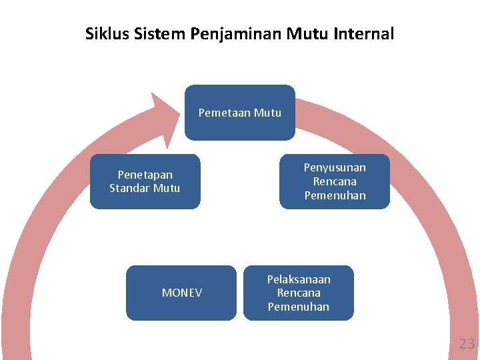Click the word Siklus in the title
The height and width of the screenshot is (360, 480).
[x=103, y=33]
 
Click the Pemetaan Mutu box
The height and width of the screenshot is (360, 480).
[x=239, y=113]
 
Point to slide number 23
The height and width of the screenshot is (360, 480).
[x=466, y=344]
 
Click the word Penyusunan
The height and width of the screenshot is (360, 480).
[x=335, y=167]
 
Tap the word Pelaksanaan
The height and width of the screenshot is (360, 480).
[x=299, y=279]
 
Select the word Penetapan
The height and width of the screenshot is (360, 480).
[x=145, y=175]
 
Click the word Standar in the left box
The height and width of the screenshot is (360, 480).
[x=130, y=188]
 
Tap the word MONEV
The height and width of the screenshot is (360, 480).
[x=181, y=293]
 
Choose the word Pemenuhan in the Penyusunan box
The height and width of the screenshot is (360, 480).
[x=335, y=195]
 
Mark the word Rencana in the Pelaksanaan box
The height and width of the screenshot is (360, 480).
[x=299, y=293]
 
